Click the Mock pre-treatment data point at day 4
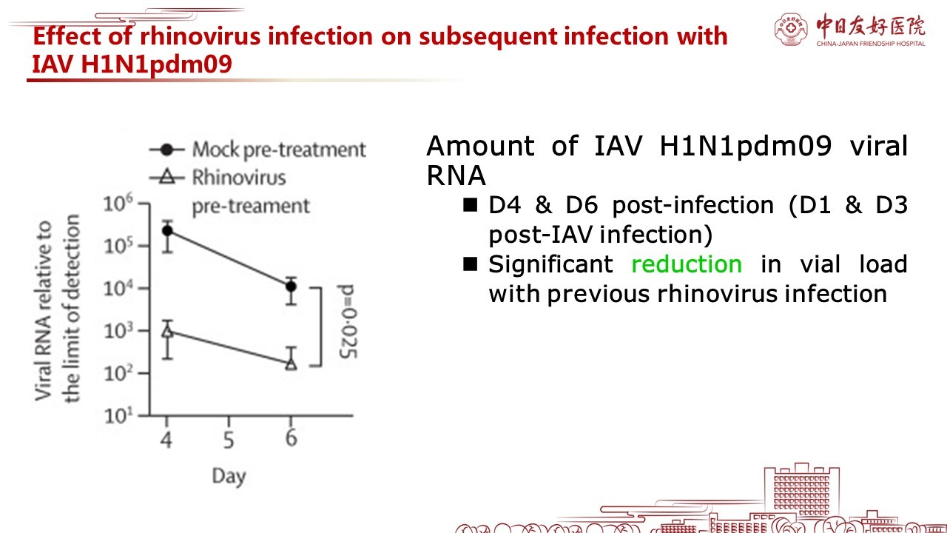(x=167, y=230)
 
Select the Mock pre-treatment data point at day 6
(x=291, y=286)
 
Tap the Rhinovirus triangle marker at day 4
(x=167, y=331)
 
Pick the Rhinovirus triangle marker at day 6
(x=291, y=363)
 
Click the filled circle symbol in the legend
(x=167, y=150)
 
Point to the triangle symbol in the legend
(x=167, y=176)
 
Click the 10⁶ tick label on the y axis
(x=118, y=203)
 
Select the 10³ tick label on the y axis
(x=118, y=330)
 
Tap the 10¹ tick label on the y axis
(x=118, y=415)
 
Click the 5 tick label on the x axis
(x=229, y=440)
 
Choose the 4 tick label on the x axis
(x=166, y=440)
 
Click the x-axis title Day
(x=229, y=477)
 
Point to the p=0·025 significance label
(x=348, y=321)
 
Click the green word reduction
(x=687, y=264)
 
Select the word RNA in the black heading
(x=456, y=175)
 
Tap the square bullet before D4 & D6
(x=470, y=205)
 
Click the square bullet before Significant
(x=470, y=264)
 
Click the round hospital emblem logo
(x=791, y=29)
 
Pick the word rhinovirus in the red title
(x=200, y=36)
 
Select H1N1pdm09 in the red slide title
(x=156, y=64)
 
